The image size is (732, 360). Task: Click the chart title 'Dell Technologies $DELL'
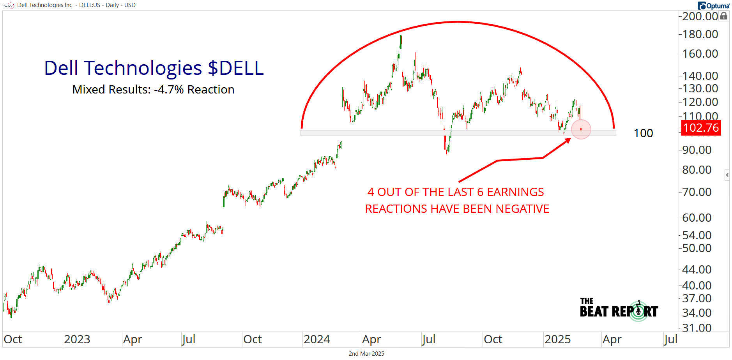point(154,68)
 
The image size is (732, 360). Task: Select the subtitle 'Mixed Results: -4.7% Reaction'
point(153,90)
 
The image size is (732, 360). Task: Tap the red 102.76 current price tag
point(701,128)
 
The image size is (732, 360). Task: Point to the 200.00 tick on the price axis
point(700,16)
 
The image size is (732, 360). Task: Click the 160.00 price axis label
point(700,54)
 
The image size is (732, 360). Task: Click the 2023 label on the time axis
point(77,339)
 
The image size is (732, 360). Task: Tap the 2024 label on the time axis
point(316,339)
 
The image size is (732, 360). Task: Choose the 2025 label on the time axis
point(557,339)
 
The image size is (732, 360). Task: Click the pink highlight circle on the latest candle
point(581,129)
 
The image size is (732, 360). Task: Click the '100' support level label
point(643,133)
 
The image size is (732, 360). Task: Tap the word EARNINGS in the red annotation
point(515,192)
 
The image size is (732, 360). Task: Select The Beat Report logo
point(619,310)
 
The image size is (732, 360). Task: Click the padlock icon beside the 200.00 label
point(724,16)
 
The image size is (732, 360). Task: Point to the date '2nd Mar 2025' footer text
point(366,354)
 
